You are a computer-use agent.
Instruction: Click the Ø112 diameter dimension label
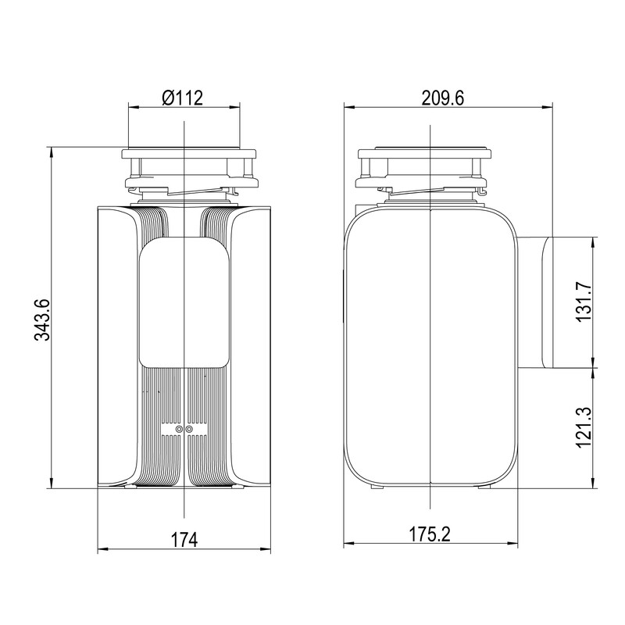183,98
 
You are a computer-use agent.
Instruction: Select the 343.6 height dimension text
42,320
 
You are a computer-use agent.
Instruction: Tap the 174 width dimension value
184,540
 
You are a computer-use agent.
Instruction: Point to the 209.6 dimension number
443,98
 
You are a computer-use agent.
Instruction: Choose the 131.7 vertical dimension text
584,302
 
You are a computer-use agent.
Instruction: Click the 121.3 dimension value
584,427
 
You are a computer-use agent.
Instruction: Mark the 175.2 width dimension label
430,534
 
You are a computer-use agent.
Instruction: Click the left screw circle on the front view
179,429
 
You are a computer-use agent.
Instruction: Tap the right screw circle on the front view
189,429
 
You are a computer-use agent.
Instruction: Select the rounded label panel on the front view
184,302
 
